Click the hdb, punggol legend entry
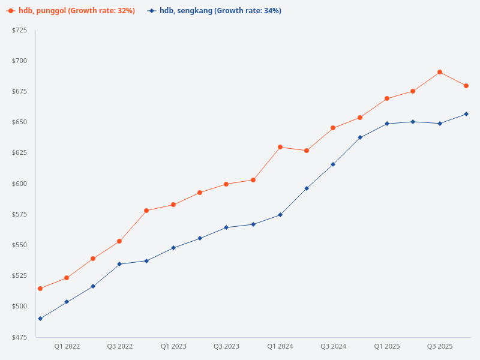click(71, 11)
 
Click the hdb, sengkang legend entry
click(214, 11)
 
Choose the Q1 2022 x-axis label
click(67, 346)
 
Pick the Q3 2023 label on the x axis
click(226, 346)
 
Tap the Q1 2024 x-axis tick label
click(280, 346)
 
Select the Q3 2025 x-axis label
click(440, 346)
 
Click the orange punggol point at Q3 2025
click(440, 72)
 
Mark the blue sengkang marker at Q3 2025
click(440, 124)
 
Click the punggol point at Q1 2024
click(280, 147)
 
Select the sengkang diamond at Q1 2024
click(280, 215)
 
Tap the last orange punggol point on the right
click(466, 86)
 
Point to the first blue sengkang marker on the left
click(40, 319)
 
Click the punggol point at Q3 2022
click(119, 241)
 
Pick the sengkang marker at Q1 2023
click(173, 248)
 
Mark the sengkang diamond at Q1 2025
click(387, 124)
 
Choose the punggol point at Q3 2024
click(333, 128)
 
